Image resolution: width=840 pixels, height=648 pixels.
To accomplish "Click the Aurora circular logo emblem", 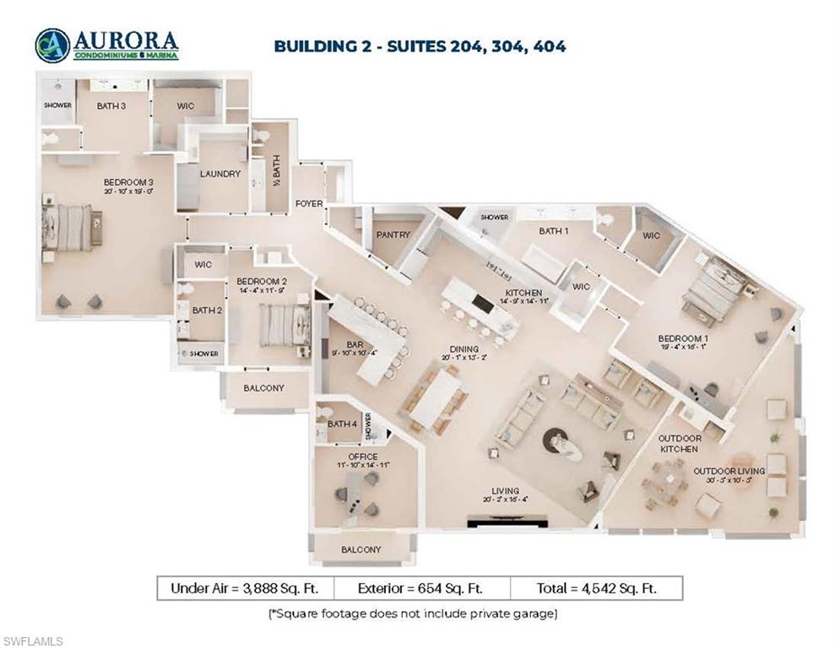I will click(x=52, y=46).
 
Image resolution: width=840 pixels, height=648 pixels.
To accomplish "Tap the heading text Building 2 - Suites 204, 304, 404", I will click(x=420, y=46).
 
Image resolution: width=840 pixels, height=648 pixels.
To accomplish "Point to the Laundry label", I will click(x=221, y=174).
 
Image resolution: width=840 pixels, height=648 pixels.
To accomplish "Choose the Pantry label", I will click(x=394, y=235).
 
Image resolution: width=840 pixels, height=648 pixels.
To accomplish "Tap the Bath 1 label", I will click(x=554, y=230).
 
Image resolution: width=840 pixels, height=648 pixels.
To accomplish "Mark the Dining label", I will click(x=464, y=348).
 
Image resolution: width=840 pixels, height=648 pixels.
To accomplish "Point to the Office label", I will click(x=363, y=456).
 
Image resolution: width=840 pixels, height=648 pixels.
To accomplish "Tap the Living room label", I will click(x=506, y=491).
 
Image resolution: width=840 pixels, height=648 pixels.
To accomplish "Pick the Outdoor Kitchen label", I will click(x=680, y=444).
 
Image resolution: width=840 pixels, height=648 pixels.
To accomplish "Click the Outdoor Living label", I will click(x=729, y=471).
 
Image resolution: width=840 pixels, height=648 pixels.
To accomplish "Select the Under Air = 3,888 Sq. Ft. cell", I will click(x=245, y=588).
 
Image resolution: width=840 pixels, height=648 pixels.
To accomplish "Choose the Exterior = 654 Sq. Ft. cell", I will click(x=421, y=588).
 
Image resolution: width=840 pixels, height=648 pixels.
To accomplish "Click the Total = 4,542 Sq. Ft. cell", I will click(x=595, y=588).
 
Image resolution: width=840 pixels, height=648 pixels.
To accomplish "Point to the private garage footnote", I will click(x=413, y=613).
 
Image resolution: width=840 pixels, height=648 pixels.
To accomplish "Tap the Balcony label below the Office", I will click(x=360, y=549).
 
